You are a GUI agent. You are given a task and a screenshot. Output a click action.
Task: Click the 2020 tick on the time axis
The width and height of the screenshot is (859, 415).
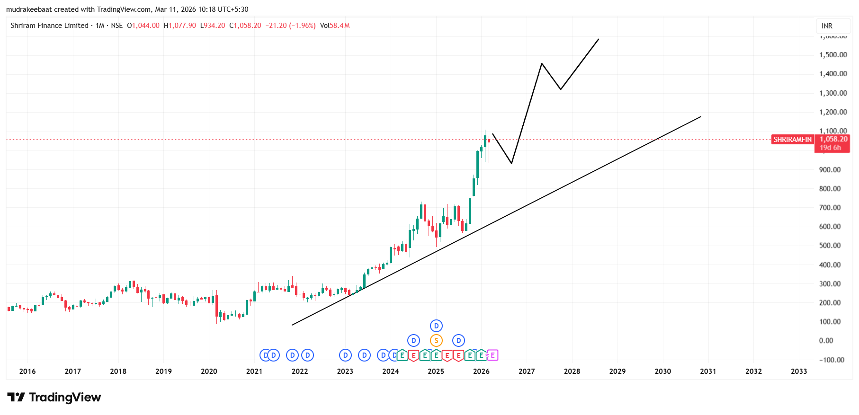(x=209, y=371)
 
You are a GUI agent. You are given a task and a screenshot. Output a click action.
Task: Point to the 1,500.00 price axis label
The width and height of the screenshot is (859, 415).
(x=833, y=55)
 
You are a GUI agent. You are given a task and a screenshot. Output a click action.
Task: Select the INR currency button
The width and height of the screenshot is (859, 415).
(x=827, y=26)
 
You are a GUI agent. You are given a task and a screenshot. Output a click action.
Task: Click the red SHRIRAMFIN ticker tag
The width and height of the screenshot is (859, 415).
(x=792, y=140)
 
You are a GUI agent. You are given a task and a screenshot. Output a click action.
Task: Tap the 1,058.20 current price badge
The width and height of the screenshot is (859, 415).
(x=833, y=139)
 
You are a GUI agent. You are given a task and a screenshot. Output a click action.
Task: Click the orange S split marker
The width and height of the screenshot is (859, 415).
(x=436, y=340)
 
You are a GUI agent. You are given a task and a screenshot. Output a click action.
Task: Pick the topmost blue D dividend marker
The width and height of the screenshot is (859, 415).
(x=436, y=326)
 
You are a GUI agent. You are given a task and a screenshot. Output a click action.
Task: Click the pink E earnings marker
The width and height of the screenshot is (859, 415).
(x=492, y=355)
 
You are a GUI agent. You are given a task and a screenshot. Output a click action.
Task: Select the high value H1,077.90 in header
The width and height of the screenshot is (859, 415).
(x=179, y=26)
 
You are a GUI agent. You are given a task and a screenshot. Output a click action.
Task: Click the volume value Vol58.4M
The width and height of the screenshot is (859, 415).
(x=334, y=26)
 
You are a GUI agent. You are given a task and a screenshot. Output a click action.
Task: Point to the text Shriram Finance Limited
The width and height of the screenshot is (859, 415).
(x=49, y=26)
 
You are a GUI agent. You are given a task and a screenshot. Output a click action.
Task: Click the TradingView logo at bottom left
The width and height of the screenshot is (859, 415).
(x=54, y=397)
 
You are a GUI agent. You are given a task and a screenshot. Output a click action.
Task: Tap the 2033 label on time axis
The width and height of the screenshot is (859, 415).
(x=798, y=371)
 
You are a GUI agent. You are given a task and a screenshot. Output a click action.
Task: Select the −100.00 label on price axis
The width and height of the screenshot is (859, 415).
(x=832, y=360)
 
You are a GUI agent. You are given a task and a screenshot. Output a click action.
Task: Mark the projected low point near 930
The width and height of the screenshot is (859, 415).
(x=511, y=163)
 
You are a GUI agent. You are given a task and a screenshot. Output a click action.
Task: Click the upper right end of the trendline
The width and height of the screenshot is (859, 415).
(x=700, y=117)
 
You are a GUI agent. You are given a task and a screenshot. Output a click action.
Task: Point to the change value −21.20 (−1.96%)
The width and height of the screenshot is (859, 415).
(x=290, y=26)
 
